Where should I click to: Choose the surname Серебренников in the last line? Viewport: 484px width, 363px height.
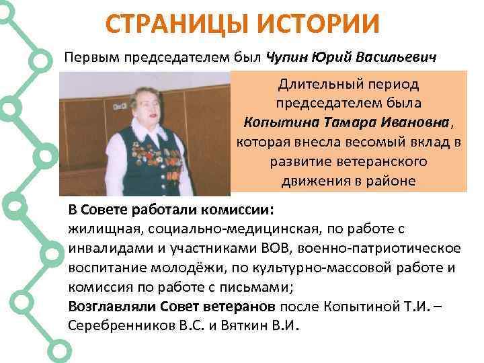pyautogui.click(x=116, y=326)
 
